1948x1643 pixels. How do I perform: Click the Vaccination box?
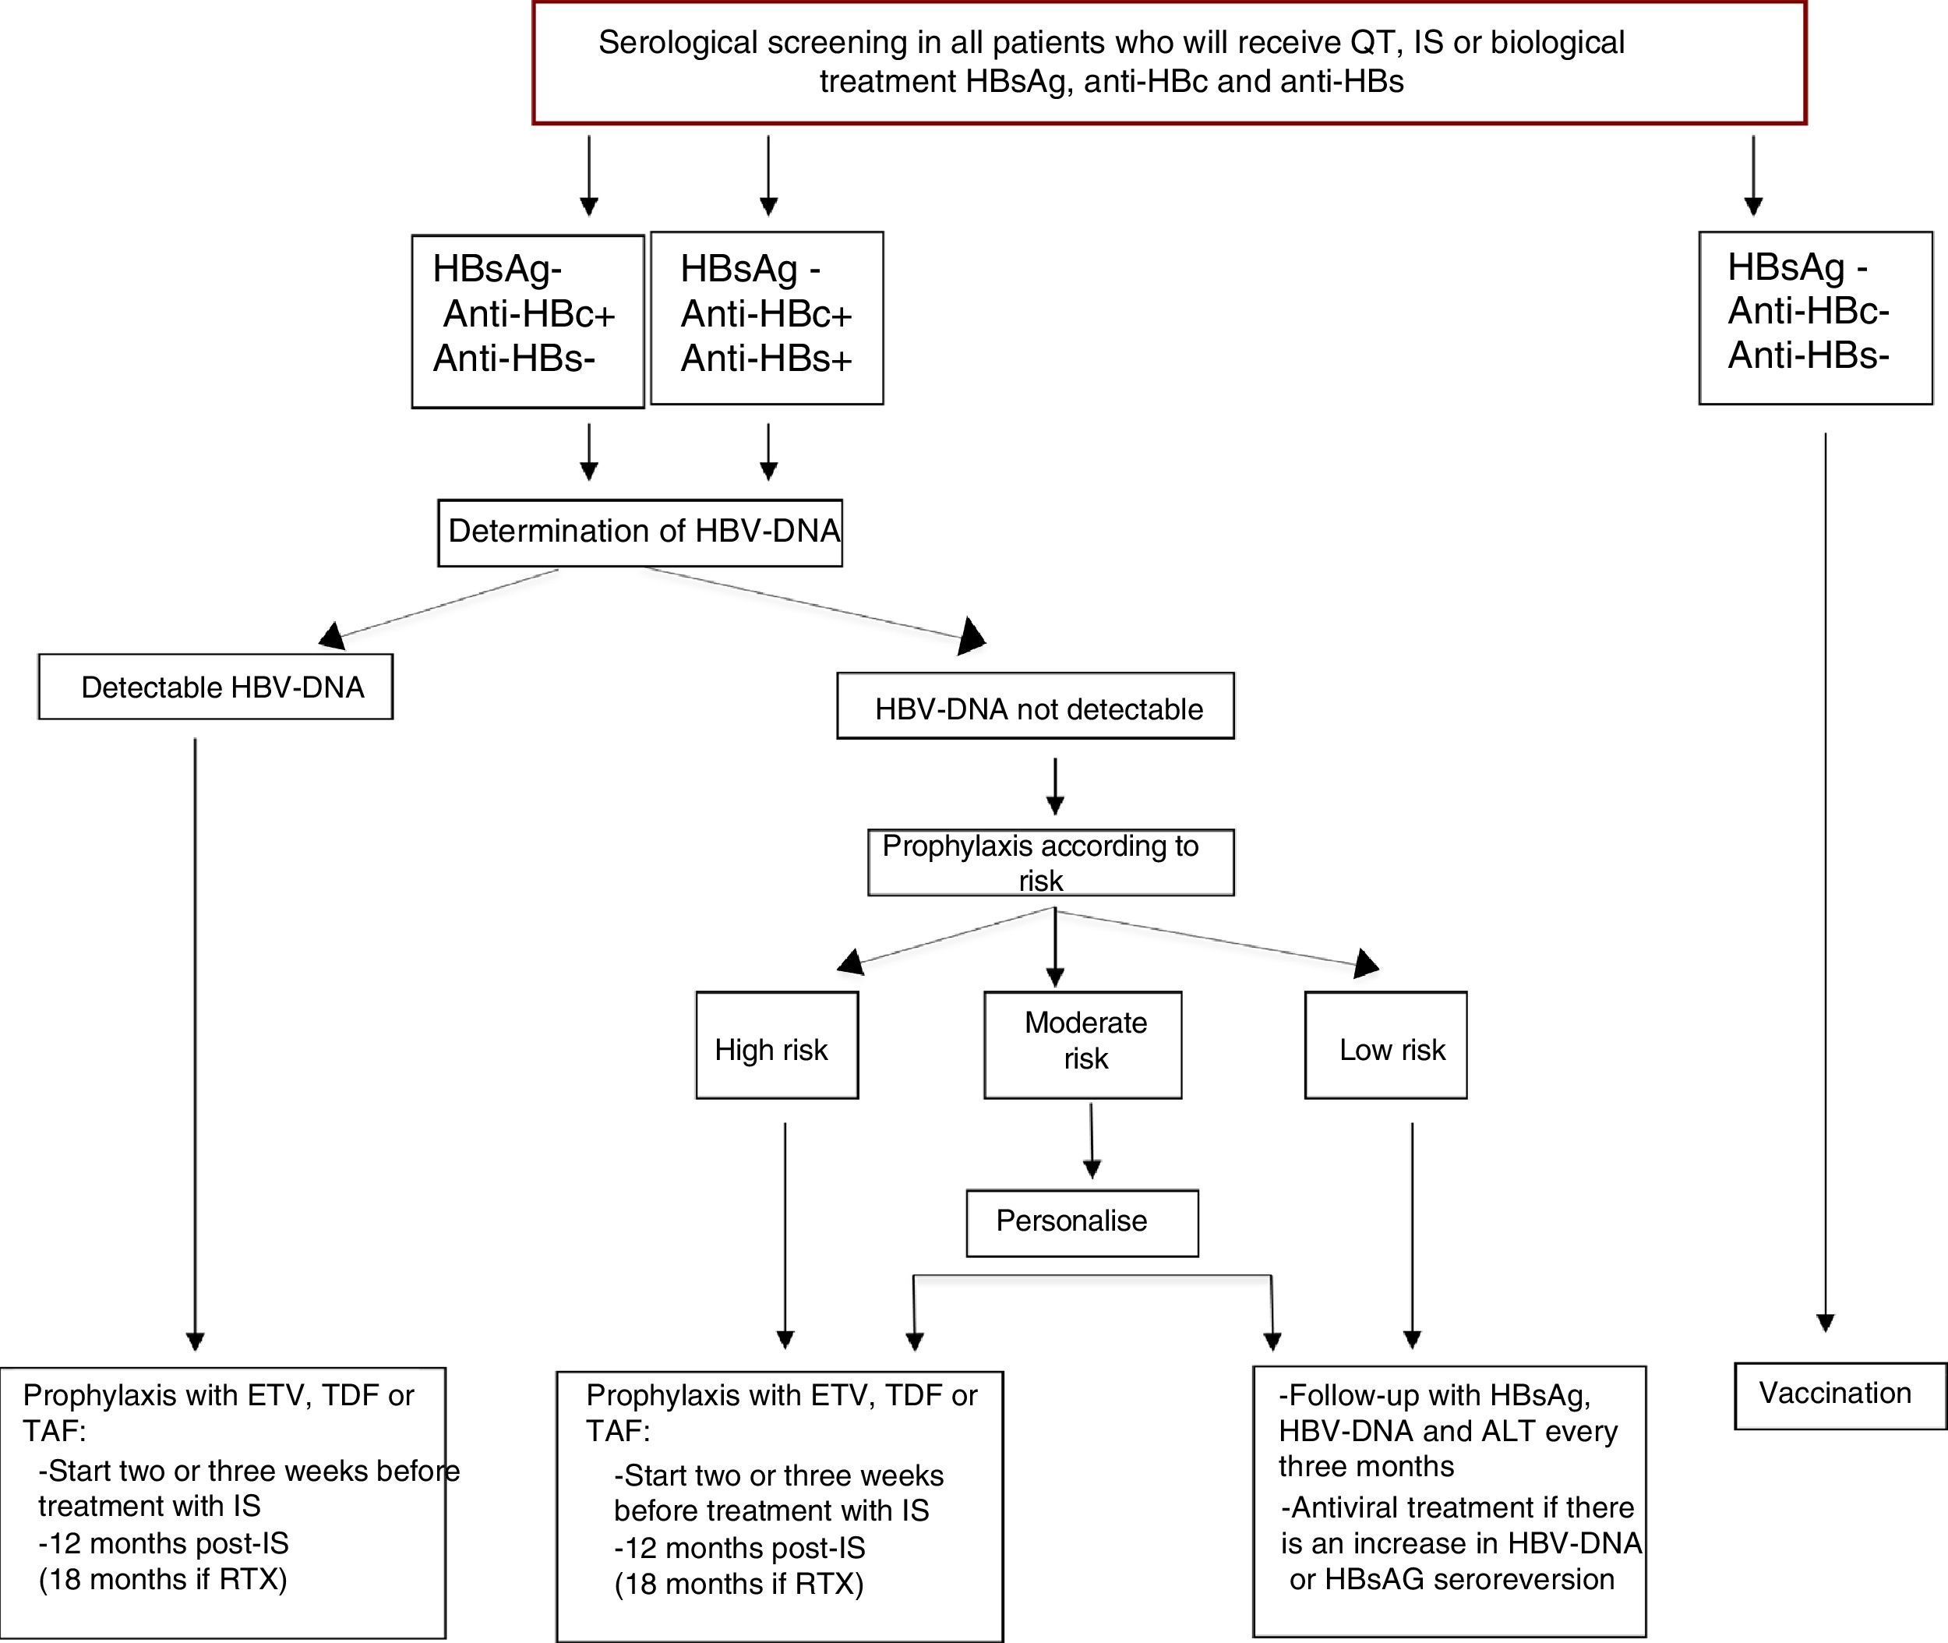tap(1839, 1394)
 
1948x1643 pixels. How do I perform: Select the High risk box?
tap(777, 1045)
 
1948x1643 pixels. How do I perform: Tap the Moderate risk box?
tap(1083, 1044)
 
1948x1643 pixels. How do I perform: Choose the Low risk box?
tap(1385, 1045)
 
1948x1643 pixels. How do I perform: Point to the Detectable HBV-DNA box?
tap(215, 687)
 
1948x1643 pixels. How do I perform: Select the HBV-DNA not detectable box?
tap(1035, 707)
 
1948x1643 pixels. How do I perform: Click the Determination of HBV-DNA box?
tap(641, 532)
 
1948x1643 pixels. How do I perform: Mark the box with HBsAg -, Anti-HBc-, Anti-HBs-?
tap(1815, 317)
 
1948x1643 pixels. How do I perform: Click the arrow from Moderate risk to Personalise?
tap(1092, 1140)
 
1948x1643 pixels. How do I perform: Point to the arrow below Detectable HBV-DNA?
tap(195, 1043)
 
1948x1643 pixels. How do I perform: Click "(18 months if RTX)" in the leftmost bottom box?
tap(163, 1578)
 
